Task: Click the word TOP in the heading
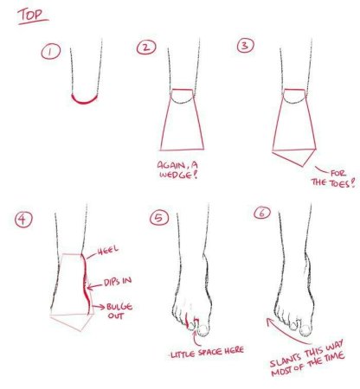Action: (x=33, y=15)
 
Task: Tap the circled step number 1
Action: (x=51, y=52)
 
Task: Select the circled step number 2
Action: (x=146, y=48)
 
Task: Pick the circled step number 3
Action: (x=246, y=46)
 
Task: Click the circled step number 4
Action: (x=23, y=220)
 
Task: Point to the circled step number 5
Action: (x=159, y=218)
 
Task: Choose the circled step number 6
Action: (x=262, y=213)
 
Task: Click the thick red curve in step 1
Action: (x=84, y=100)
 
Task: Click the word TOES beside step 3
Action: (x=339, y=182)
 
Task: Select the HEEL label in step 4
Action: (x=108, y=250)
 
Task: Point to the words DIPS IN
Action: (x=118, y=281)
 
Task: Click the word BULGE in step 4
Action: (x=119, y=307)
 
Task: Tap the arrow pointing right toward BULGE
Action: (x=98, y=307)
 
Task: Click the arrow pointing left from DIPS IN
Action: (x=94, y=286)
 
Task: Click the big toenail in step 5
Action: (x=203, y=330)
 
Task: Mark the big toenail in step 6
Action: (x=305, y=329)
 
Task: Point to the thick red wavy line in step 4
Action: (x=87, y=284)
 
